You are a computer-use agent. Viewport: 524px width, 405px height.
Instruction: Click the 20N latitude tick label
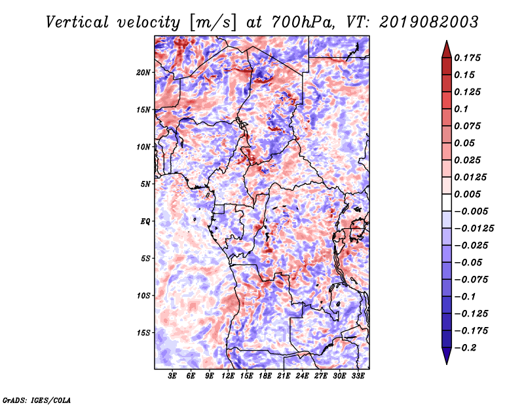[x=143, y=73]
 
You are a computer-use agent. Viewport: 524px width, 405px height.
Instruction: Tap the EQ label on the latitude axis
[x=145, y=222]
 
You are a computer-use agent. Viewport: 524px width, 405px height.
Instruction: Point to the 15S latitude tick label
[x=143, y=333]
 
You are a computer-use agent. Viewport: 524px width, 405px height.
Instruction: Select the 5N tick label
[x=145, y=184]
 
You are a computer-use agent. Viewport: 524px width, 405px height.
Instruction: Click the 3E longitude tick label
[x=172, y=376]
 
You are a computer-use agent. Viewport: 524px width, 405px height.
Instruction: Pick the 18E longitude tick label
[x=265, y=376]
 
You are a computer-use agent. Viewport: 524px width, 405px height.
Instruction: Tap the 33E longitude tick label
[x=358, y=376]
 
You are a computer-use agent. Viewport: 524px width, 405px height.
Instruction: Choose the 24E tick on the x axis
[x=302, y=376]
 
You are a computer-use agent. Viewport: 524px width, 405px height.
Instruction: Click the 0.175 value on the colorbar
[x=467, y=58]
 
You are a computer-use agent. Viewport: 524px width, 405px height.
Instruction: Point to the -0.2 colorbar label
[x=465, y=348]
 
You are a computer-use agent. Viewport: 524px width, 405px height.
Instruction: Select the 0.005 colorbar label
[x=467, y=194]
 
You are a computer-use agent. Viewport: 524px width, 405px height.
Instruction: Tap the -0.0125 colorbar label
[x=474, y=229]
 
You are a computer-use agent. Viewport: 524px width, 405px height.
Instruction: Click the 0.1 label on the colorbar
[x=461, y=109]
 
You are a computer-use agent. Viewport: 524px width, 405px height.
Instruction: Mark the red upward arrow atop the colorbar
[x=447, y=49]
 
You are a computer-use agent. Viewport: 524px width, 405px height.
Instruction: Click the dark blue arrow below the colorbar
[x=447, y=356]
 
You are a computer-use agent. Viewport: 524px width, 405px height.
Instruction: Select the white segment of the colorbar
[x=447, y=202]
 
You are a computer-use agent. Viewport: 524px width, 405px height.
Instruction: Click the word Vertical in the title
[x=77, y=22]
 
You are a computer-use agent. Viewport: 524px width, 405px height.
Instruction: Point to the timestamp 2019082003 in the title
[x=429, y=22]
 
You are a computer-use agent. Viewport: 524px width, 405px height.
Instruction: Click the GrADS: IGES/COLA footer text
[x=37, y=400]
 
